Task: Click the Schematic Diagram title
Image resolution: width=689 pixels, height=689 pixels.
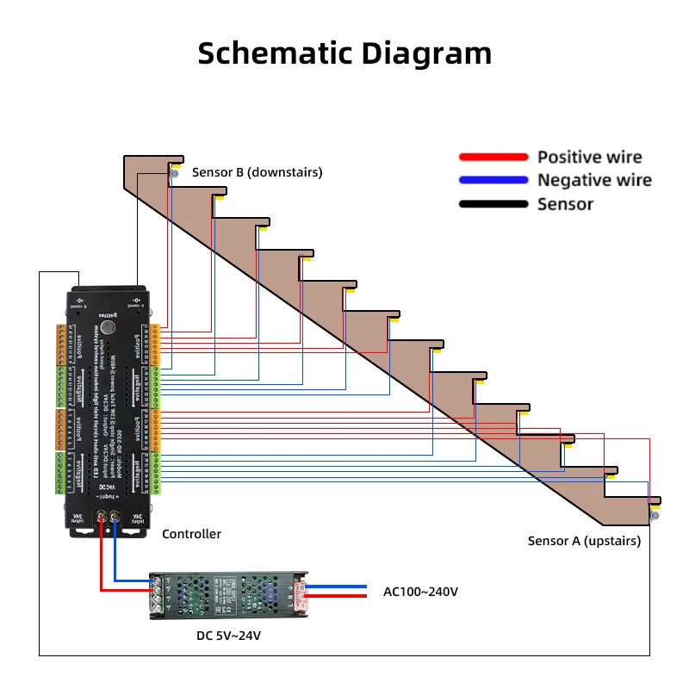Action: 344,53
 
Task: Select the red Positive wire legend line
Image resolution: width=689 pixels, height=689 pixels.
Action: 493,157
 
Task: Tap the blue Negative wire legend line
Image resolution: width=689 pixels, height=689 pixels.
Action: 493,180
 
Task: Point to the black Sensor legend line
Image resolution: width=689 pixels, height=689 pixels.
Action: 493,204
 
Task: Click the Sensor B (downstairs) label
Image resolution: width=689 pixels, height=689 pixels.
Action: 257,172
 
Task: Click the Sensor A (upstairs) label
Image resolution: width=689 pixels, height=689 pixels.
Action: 584,541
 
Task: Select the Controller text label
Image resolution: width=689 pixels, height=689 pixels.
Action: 191,534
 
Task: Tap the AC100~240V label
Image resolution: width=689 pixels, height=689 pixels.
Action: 420,592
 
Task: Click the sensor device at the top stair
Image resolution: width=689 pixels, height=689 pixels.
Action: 174,174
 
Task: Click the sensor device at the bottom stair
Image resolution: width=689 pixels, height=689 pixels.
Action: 655,517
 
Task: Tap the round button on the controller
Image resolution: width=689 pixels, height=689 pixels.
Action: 107,328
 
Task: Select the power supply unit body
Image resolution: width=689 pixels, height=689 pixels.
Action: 228,593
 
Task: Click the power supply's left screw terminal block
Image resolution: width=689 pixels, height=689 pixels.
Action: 158,594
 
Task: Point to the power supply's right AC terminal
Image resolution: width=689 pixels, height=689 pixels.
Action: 301,593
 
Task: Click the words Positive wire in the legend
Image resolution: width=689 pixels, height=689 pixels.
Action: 589,157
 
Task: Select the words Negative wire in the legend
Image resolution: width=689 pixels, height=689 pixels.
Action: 594,180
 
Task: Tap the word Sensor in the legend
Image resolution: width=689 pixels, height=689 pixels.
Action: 565,204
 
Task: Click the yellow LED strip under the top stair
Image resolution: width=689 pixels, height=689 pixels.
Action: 176,164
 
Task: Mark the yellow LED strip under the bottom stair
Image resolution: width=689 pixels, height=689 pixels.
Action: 655,501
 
